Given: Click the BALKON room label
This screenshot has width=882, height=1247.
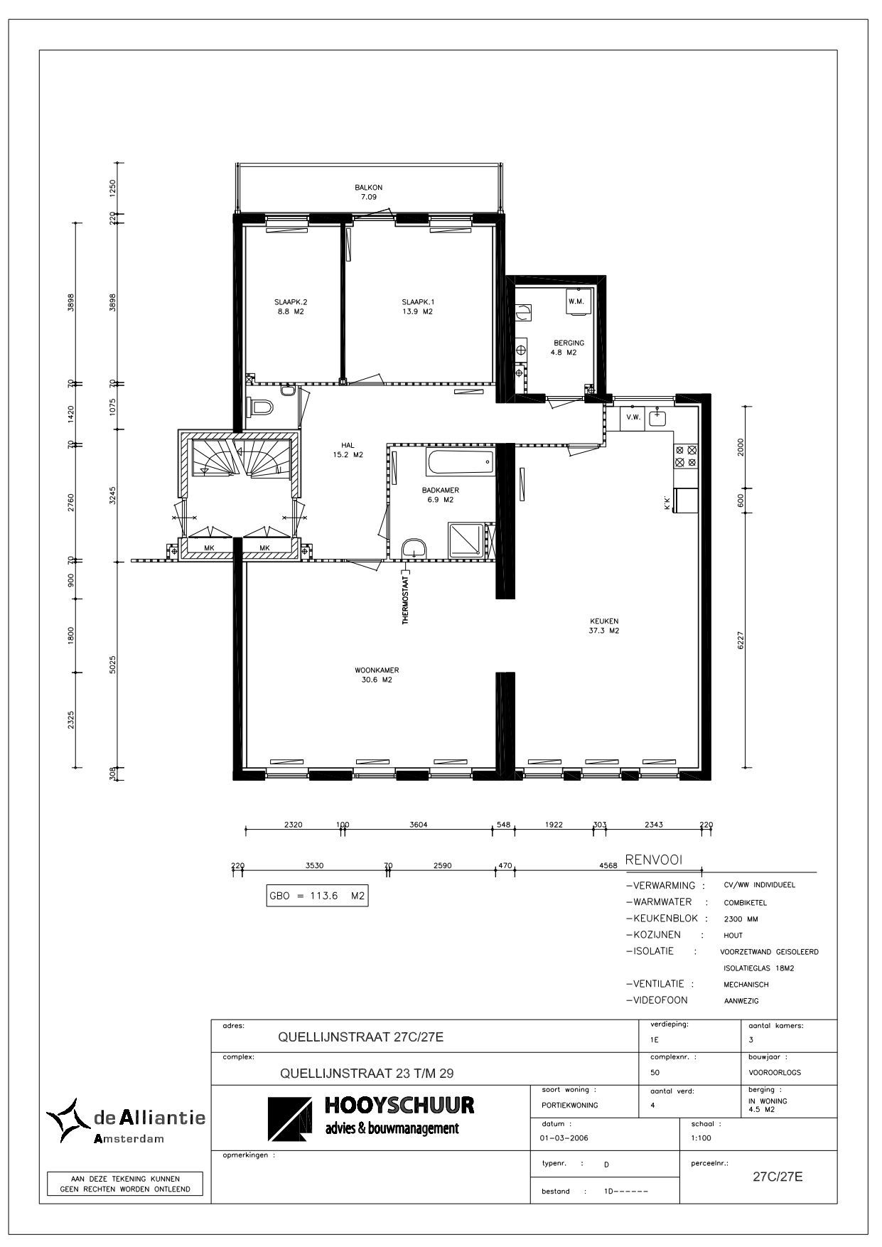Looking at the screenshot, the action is click(369, 188).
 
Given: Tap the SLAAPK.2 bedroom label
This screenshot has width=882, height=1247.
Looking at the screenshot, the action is click(291, 301).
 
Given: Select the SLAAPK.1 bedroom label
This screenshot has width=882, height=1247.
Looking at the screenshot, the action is click(417, 301).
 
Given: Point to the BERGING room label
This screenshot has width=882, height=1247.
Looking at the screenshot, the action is click(569, 343).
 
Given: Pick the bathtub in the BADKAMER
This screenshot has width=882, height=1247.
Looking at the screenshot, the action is click(460, 463).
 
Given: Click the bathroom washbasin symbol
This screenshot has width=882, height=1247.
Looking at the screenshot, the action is click(414, 548).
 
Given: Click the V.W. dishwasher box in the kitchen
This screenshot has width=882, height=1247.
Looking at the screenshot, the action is click(633, 417).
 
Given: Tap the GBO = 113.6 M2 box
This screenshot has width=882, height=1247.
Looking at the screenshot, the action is click(317, 896).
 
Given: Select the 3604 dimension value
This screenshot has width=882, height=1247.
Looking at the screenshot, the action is click(419, 825).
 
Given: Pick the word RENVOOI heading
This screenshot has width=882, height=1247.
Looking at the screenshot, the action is click(653, 860).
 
